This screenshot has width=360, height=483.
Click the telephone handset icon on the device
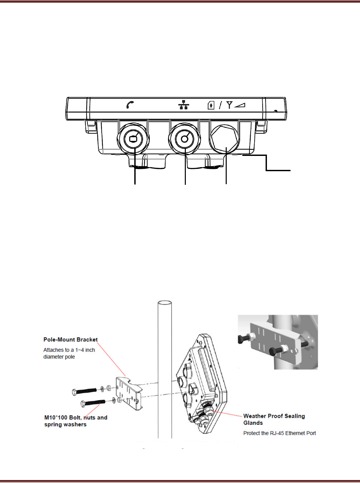130,105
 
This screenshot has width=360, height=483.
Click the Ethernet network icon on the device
183,105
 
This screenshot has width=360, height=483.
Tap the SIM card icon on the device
211,105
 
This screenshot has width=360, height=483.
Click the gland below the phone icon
133,139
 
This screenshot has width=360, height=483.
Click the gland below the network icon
185,139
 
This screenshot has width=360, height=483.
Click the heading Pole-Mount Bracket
70,340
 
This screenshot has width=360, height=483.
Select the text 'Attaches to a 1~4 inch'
69,350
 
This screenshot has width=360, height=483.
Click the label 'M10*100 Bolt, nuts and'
76,418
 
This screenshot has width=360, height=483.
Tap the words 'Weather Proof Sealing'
274,416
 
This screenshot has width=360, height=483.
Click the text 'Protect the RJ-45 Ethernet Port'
279,433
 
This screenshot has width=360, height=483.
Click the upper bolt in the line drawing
85,391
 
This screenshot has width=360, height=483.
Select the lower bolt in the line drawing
93,403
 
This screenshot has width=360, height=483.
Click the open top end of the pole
165,303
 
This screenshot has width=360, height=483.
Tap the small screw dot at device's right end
275,111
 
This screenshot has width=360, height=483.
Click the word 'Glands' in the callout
253,423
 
